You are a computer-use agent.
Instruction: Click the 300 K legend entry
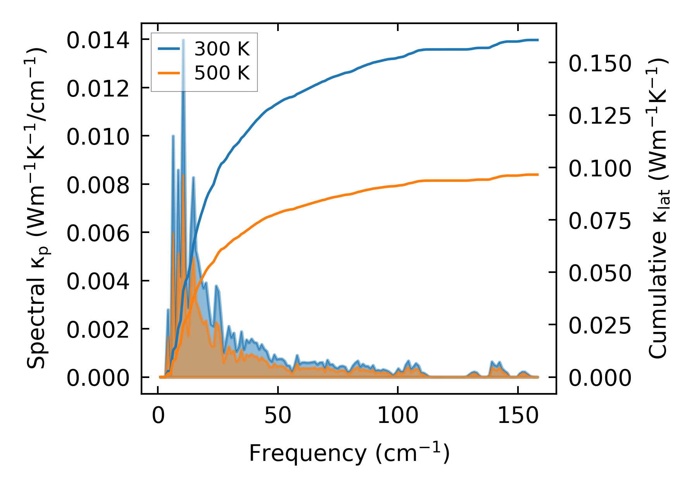tap(222, 49)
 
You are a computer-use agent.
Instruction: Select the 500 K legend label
tap(222, 73)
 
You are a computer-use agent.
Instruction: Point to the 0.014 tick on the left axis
tap(98, 41)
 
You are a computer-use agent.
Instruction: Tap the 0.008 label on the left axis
tap(98, 185)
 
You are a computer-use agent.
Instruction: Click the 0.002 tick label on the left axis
tap(98, 330)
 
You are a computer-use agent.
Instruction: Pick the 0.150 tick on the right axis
tap(600, 64)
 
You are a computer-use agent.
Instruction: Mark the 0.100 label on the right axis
tap(600, 169)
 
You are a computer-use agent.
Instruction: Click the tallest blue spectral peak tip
tap(183, 40)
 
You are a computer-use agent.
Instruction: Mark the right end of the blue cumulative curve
tap(538, 40)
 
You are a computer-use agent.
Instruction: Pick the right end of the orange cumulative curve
tap(538, 174)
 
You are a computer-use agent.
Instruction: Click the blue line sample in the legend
tap(169, 49)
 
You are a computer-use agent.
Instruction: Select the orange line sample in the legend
tap(169, 73)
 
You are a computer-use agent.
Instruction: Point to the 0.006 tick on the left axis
tap(98, 234)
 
